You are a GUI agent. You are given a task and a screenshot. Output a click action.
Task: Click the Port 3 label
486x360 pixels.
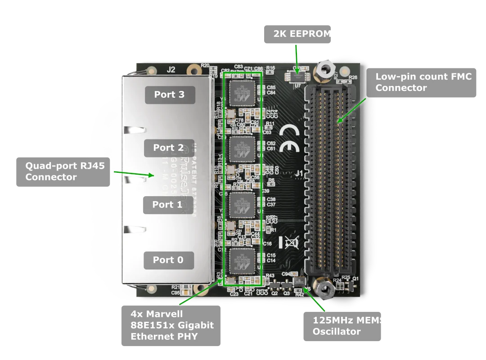(x=170, y=95)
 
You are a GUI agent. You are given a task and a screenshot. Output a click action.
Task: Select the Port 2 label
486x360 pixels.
(x=169, y=148)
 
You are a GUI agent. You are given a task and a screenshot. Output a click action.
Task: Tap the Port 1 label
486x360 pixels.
(x=167, y=205)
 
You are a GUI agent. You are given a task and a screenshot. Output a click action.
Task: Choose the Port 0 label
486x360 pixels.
(x=168, y=260)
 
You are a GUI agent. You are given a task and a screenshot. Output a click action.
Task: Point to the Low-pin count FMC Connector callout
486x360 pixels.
(x=423, y=82)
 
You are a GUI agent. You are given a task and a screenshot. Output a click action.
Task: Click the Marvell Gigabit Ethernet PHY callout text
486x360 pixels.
(x=171, y=325)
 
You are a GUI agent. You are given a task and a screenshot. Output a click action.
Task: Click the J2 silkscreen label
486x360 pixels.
(x=171, y=70)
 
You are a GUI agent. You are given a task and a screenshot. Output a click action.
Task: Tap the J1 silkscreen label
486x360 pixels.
(x=299, y=173)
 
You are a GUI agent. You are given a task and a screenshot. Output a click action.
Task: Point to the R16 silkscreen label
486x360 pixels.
(x=270, y=68)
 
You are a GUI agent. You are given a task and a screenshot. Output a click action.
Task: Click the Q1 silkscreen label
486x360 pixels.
(x=355, y=279)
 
